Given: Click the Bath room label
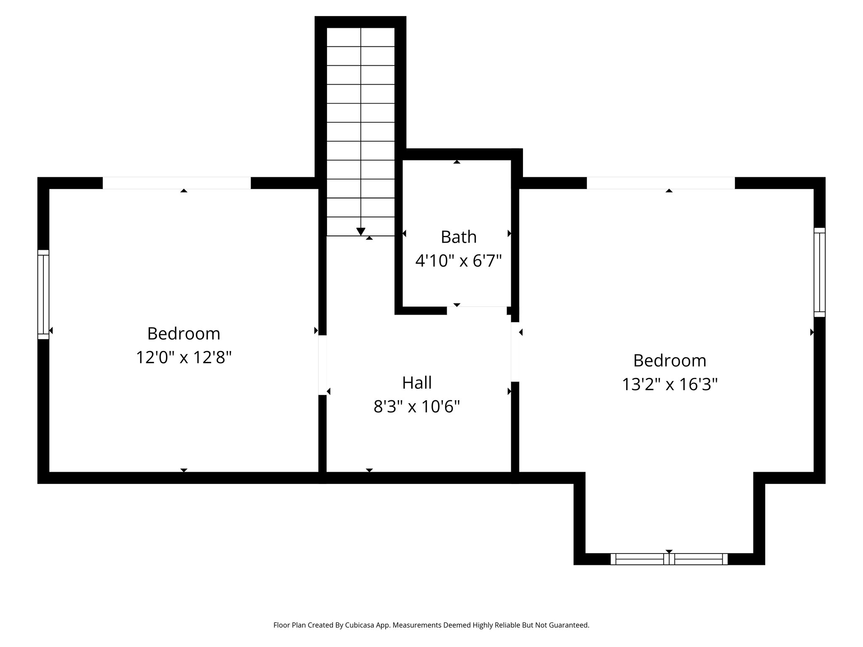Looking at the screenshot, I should click(458, 237).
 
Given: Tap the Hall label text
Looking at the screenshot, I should click(417, 383).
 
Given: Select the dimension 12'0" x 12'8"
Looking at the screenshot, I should click(184, 358).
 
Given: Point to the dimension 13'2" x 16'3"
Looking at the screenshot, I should click(670, 385).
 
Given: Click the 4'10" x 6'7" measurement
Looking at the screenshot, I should click(458, 261).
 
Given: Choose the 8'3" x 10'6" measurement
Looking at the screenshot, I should click(417, 407).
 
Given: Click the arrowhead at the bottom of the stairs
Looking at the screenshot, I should click(361, 232).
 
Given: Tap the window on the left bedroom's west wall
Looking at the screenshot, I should click(43, 294).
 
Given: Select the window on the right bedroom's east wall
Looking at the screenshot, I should click(819, 272).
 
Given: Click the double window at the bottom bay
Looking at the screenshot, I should click(669, 559).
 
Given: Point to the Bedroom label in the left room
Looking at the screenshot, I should click(184, 334).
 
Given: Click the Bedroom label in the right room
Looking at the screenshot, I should click(670, 361).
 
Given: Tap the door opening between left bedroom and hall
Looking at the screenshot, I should click(322, 365).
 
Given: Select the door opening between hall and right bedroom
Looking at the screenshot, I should click(515, 352).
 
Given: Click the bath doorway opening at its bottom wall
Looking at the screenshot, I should click(477, 310).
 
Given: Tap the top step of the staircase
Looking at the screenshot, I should click(361, 37).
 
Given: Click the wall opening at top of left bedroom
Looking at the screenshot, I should click(177, 183).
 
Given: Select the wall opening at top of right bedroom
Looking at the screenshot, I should click(660, 183).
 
